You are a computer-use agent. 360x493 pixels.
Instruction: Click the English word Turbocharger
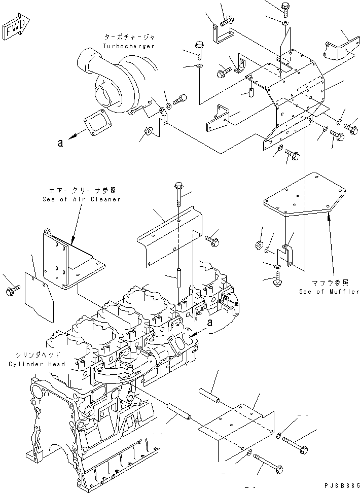128,46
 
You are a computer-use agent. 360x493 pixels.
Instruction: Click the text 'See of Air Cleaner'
82,199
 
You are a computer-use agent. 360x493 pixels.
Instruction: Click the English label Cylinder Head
37,364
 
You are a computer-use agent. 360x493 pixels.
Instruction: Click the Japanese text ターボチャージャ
128,38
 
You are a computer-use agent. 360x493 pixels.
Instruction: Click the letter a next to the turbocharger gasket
60,143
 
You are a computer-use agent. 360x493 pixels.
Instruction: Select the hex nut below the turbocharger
149,132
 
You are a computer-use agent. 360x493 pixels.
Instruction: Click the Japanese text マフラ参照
329,283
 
